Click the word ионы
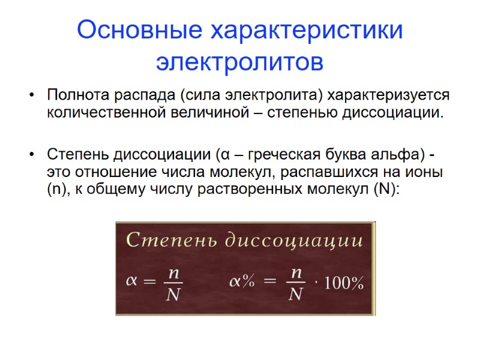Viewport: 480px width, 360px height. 427,173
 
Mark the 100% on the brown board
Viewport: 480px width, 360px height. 344,284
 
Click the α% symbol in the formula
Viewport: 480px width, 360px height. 243,282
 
